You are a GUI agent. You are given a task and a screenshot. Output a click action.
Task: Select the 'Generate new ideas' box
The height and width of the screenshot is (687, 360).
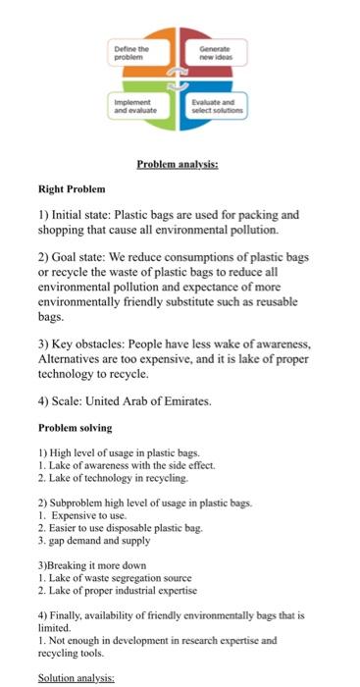point(218,52)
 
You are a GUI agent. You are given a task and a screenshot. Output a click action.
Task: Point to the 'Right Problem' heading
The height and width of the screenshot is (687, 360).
point(71,188)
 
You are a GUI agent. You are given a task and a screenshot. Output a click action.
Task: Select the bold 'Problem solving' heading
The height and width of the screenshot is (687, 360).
point(75,428)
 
